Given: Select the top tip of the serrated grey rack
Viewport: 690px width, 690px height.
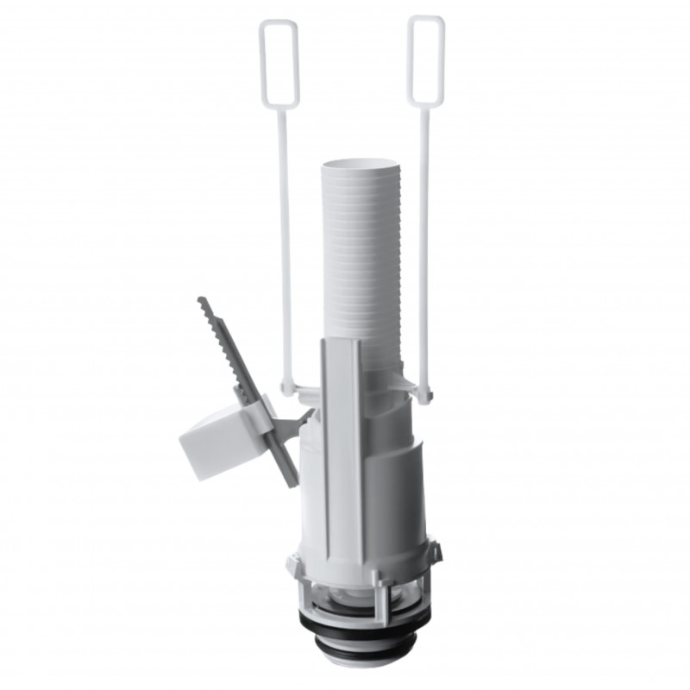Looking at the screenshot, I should (201, 302).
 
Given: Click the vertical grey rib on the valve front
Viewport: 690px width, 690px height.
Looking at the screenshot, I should (337, 448).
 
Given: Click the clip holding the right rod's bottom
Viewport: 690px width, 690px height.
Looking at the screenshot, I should (420, 393).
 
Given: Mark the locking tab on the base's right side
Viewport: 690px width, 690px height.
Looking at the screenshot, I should (434, 552).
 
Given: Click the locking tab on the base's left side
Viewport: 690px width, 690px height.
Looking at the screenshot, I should (293, 565).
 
